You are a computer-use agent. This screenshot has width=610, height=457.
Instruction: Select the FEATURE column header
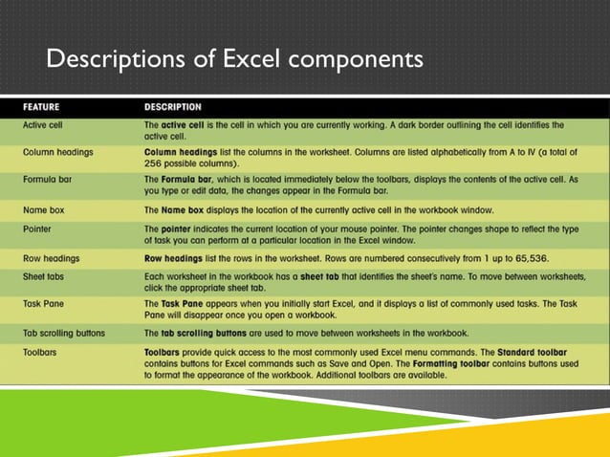pyautogui.click(x=45, y=105)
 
